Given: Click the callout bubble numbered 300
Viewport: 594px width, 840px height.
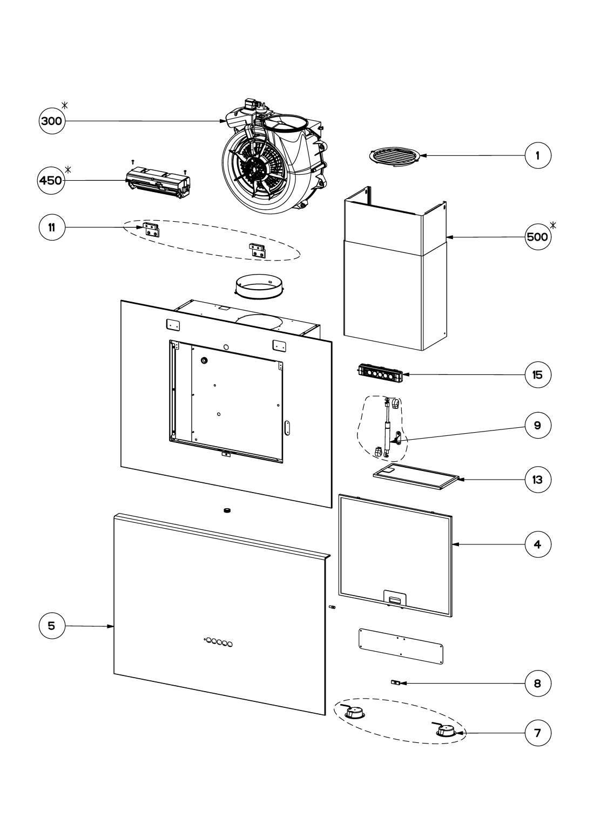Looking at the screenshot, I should click(52, 121).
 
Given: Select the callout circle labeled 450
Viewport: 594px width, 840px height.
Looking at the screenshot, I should click(51, 181).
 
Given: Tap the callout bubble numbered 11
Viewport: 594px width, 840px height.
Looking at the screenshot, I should click(52, 228).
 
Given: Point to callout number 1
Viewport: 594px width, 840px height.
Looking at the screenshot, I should click(538, 155).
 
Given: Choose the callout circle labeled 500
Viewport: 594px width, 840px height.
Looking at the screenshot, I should click(538, 237).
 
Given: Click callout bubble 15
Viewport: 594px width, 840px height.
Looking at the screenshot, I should click(538, 374).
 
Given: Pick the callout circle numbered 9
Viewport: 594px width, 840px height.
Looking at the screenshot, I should click(538, 425).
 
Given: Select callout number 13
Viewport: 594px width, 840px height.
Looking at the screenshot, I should click(538, 479).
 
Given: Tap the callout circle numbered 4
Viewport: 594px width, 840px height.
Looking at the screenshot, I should click(538, 544).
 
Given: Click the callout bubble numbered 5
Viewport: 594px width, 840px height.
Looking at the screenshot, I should click(52, 626).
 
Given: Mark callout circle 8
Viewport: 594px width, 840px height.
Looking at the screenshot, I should click(538, 684).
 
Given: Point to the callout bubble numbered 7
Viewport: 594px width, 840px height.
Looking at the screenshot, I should click(538, 733).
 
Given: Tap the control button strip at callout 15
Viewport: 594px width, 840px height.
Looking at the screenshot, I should click(380, 373).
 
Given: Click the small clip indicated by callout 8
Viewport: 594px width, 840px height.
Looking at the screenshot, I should click(396, 683).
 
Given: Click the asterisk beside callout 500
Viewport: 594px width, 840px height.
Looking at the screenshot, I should click(553, 224).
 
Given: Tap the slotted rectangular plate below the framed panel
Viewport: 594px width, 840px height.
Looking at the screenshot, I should click(401, 645).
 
